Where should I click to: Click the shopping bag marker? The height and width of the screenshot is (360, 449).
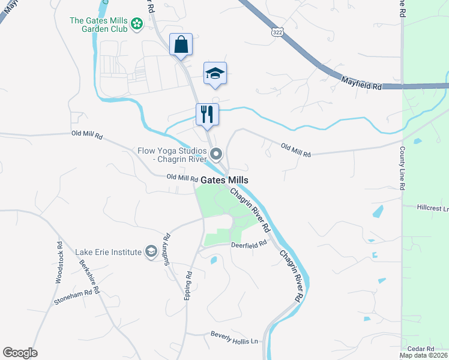click(181, 44)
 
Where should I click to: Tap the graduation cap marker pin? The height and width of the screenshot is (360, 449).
click(215, 73)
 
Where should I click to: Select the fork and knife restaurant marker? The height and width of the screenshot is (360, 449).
click(207, 114)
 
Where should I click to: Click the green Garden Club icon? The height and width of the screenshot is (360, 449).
click(137, 24)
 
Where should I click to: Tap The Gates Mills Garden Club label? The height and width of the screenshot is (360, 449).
click(99, 24)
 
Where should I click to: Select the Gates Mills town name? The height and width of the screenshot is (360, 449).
click(224, 180)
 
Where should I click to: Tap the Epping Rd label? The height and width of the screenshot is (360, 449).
click(189, 282)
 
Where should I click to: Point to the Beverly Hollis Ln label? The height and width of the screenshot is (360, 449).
click(234, 338)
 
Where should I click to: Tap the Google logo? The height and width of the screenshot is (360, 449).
click(20, 353)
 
